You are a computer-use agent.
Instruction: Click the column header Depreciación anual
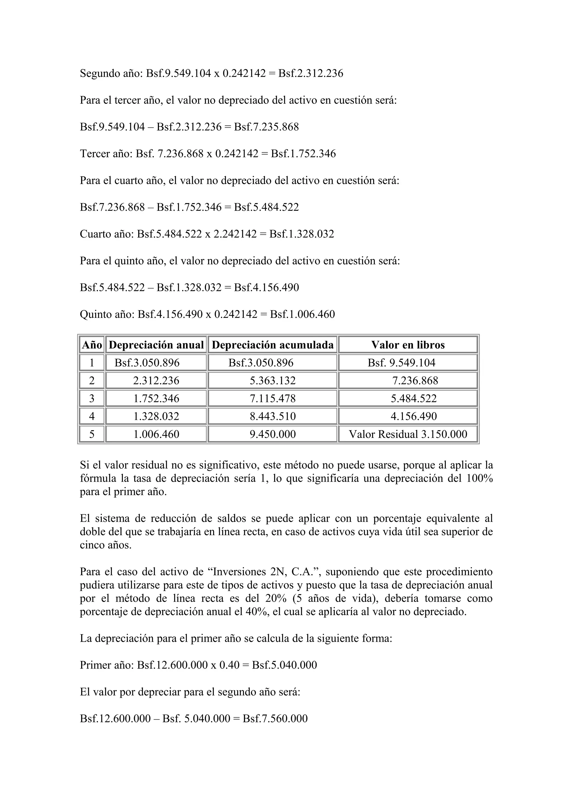[x=156, y=345]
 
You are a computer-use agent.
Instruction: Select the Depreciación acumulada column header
[x=273, y=345]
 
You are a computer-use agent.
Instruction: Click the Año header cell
[x=92, y=345]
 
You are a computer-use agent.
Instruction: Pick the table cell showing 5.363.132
[x=273, y=380]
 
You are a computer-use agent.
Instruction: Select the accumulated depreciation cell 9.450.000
[x=273, y=434]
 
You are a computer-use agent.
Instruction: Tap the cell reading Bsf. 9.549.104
[x=401, y=363]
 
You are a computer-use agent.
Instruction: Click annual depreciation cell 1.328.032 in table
[x=156, y=416]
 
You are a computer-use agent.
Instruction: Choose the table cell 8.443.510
[x=273, y=416]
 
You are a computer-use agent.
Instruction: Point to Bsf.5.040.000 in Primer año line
[x=284, y=665]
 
